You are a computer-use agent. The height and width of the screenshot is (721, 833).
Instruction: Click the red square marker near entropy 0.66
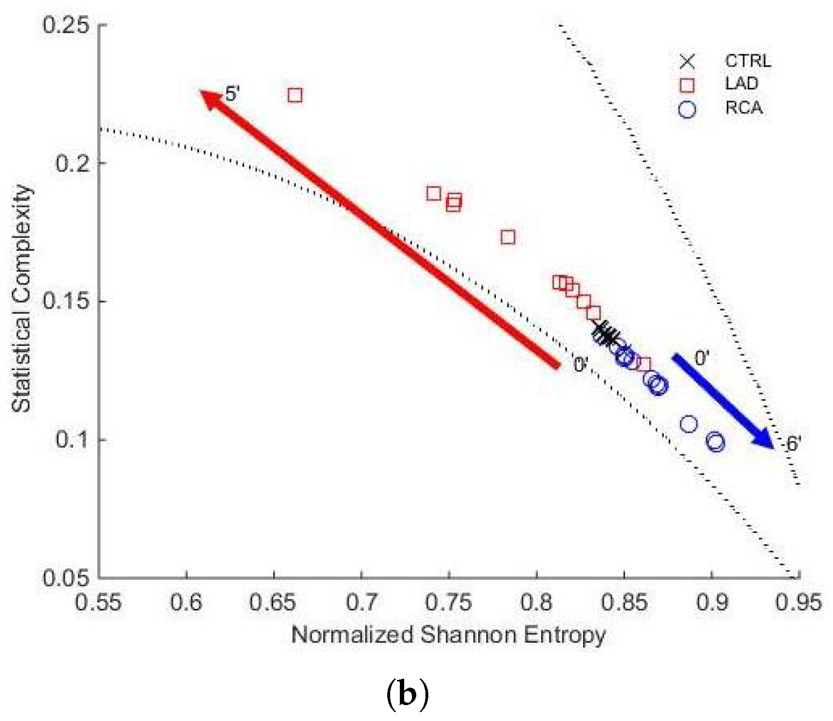click(295, 95)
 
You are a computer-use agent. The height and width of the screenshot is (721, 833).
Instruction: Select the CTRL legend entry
click(747, 61)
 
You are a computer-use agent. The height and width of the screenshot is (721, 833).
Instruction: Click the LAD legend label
click(742, 84)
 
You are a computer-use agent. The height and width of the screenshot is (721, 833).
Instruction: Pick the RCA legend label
click(744, 108)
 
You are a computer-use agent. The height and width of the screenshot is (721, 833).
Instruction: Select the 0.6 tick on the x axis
click(187, 603)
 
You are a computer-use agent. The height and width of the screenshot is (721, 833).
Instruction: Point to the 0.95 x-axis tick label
click(798, 603)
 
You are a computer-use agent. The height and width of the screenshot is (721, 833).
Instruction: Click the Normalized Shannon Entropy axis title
click(448, 635)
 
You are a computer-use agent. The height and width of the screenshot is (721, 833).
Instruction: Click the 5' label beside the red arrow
click(232, 94)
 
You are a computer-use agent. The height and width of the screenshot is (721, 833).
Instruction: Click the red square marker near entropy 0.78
click(508, 237)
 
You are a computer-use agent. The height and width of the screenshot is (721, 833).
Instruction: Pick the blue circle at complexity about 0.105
click(688, 424)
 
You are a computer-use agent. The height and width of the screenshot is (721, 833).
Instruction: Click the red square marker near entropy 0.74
click(434, 194)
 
